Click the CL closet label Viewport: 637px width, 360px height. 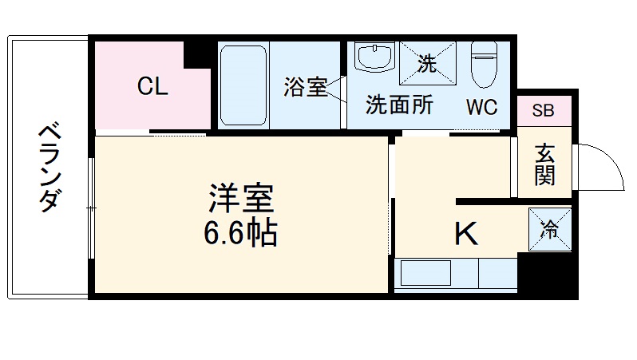152,86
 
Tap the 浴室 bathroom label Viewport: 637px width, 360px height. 305,87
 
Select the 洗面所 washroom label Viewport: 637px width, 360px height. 399,105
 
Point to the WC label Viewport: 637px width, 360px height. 482,106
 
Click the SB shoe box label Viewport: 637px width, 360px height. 543,110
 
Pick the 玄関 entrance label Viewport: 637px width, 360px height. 544,164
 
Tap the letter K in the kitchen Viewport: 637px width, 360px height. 466,234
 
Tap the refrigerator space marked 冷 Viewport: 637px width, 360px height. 550,230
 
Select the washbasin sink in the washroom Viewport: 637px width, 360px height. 374,58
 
